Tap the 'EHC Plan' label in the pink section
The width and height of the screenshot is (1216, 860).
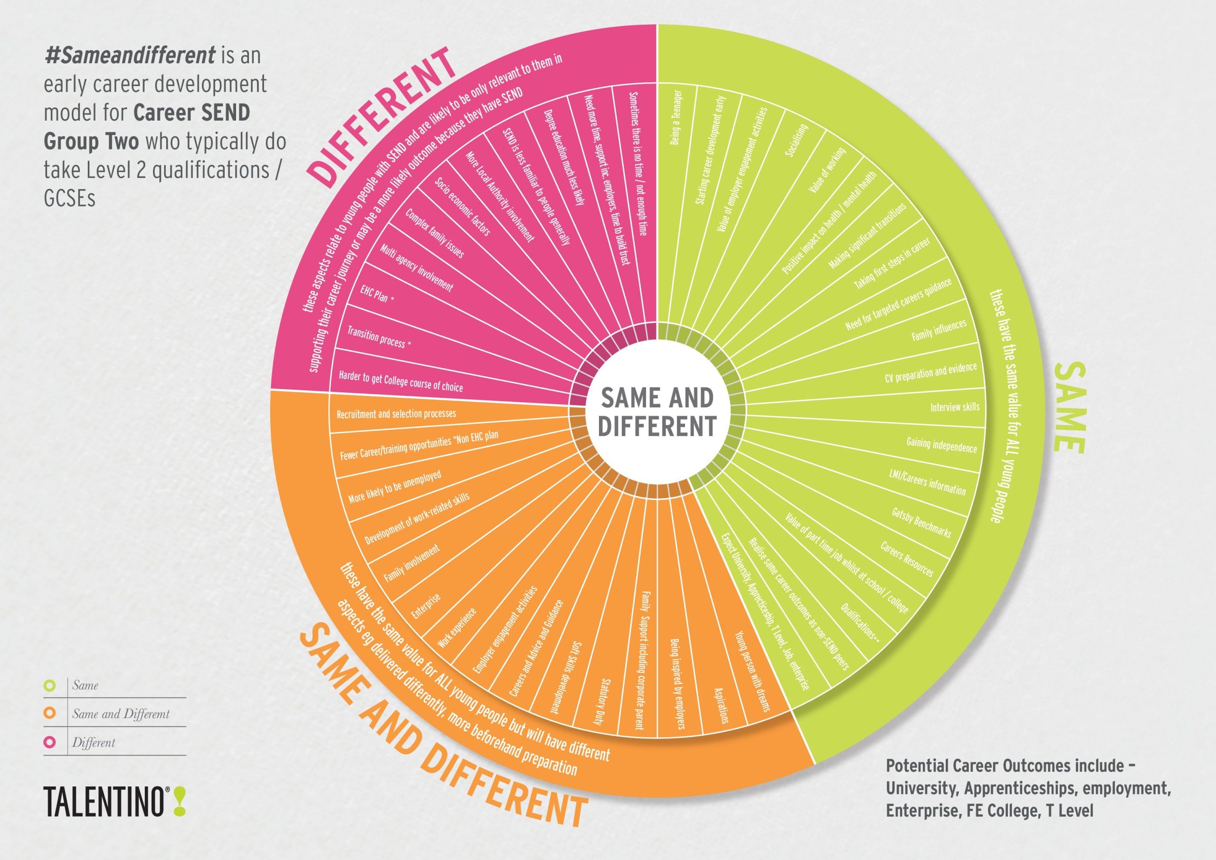coord(377,294)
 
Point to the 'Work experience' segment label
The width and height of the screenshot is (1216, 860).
coord(457,629)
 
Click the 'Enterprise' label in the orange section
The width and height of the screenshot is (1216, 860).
coord(426,607)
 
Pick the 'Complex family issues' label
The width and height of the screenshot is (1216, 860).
coord(434,234)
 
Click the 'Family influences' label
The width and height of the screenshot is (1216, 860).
coord(939,330)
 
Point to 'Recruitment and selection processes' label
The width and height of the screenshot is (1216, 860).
coord(396,414)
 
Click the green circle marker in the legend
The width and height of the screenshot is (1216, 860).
coord(50,685)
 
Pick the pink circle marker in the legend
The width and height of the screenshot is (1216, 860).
coord(50,742)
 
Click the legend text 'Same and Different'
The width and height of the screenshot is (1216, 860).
coord(121,714)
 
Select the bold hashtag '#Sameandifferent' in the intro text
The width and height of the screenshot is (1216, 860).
coord(130,55)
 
